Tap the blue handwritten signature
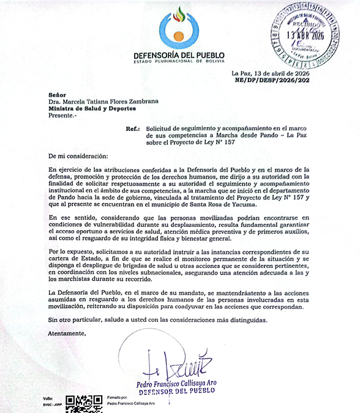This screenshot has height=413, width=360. coord(178,364)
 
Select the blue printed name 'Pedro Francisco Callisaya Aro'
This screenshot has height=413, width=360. coord(182,383)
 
